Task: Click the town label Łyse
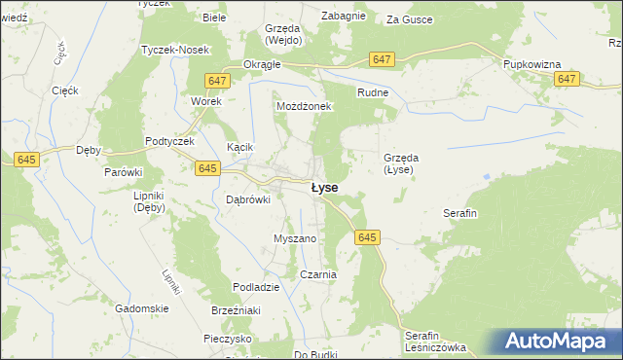point(324,187)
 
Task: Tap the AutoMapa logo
point(560,342)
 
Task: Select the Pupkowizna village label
point(532,64)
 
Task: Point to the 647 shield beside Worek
point(217,81)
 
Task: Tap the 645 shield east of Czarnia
point(367,237)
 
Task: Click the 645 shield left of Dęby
point(26,158)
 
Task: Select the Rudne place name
point(373,92)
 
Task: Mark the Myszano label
point(295,238)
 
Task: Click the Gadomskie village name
point(142,308)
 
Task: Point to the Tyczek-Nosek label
point(169,50)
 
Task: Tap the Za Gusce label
point(410,18)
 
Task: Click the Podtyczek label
point(170,141)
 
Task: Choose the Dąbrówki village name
point(246,199)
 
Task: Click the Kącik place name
point(239,147)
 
